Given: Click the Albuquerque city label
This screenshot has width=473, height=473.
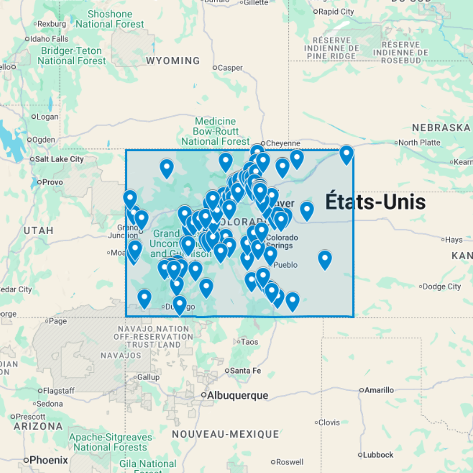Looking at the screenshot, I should (238, 395).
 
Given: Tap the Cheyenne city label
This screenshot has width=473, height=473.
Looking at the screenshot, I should (283, 143).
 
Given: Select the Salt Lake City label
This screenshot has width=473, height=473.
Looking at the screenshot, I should (59, 159).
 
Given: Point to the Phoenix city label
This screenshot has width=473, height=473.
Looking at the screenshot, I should (48, 460).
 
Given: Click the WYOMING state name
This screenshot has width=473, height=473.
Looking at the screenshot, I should (173, 61).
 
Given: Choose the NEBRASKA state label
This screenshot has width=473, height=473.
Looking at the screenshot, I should (441, 128).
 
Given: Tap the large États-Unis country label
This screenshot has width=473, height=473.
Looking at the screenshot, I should (376, 202).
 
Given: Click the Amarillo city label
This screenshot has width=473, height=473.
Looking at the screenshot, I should (379, 390).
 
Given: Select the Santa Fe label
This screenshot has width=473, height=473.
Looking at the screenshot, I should (245, 371).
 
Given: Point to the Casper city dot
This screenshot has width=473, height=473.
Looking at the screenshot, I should (214, 68).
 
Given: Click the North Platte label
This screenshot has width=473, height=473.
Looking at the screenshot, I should (419, 142).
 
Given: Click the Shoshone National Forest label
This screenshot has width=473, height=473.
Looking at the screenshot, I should (110, 19).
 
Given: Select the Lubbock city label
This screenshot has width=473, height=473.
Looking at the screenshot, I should (378, 455).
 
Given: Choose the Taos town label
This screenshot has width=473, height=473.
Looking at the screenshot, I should (249, 342).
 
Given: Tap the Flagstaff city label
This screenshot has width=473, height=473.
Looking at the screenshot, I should (59, 391).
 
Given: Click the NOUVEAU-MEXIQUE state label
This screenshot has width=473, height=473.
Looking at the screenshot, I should (225, 434).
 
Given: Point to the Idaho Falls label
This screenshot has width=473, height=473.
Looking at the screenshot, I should (49, 39).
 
